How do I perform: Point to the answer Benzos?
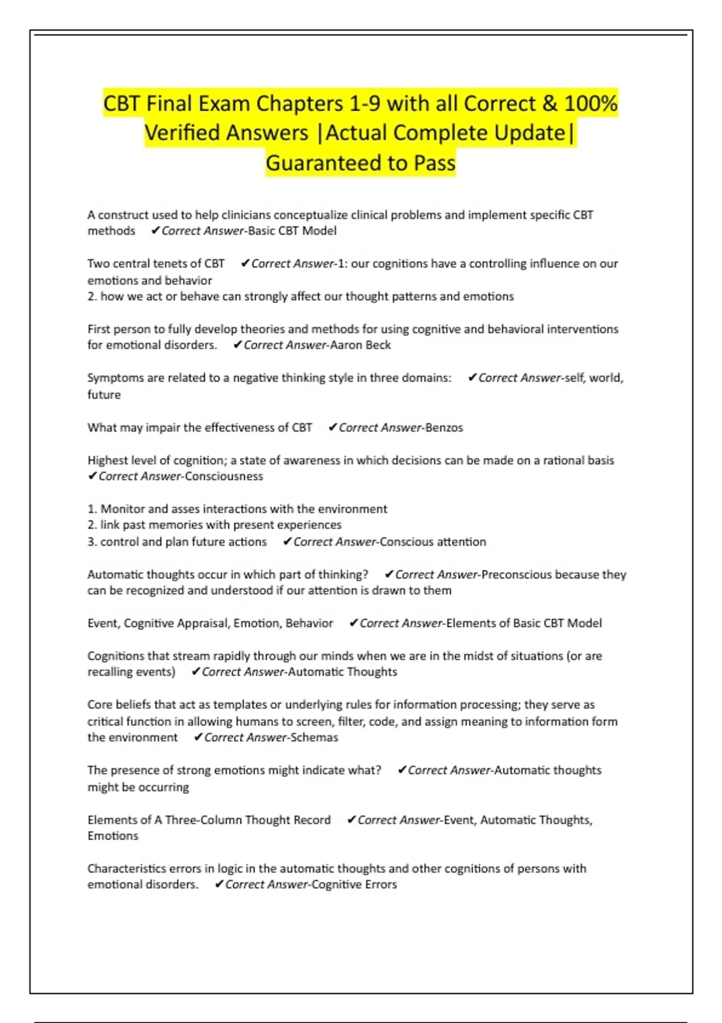pyautogui.click(x=444, y=427)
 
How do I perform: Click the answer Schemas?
pyautogui.click(x=314, y=737)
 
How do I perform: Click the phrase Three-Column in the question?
pyautogui.click(x=204, y=820)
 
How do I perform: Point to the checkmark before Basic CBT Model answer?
pyautogui.click(x=155, y=230)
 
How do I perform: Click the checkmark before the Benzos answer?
pyautogui.click(x=332, y=427)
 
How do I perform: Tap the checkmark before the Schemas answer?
pyautogui.click(x=198, y=737)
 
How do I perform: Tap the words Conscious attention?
pyautogui.click(x=433, y=542)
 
